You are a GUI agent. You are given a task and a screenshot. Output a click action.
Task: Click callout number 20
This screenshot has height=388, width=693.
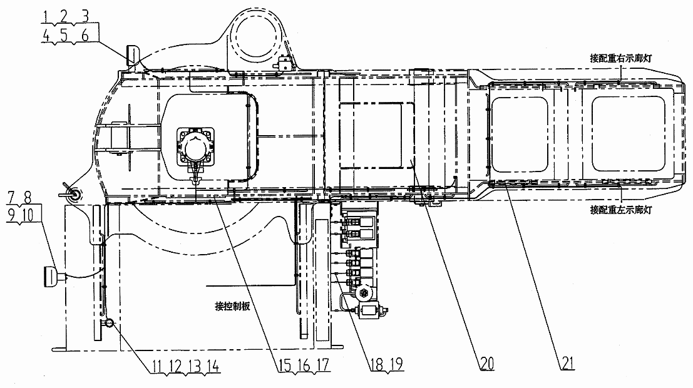pyautogui.click(x=487, y=364)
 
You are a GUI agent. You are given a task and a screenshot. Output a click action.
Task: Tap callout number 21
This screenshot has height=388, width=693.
pyautogui.click(x=568, y=363)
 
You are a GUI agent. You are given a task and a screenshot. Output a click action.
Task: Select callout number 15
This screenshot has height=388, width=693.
pyautogui.click(x=285, y=365)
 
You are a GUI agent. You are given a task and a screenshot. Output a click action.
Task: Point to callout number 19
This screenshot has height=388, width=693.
pyautogui.click(x=396, y=364)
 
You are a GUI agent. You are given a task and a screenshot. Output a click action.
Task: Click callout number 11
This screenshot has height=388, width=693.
pyautogui.click(x=157, y=366)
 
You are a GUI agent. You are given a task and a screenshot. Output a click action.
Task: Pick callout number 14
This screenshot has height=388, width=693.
pyautogui.click(x=213, y=366)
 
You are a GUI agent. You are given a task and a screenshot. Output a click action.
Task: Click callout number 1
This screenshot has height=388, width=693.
pyautogui.click(x=46, y=17)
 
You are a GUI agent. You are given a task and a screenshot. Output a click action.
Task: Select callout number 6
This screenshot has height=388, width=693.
pyautogui.click(x=85, y=35)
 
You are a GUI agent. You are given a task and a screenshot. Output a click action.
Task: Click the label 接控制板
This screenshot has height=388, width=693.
pyautogui.click(x=232, y=306)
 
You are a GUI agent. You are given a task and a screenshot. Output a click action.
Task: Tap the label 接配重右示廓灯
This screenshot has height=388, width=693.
pyautogui.click(x=620, y=58)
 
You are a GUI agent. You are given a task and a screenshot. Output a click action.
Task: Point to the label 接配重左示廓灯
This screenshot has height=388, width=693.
pyautogui.click(x=620, y=210)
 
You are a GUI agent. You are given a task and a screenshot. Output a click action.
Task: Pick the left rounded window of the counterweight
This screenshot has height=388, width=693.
pyautogui.click(x=520, y=134)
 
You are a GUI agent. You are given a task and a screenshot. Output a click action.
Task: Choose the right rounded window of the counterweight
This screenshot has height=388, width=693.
pyautogui.click(x=628, y=134)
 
